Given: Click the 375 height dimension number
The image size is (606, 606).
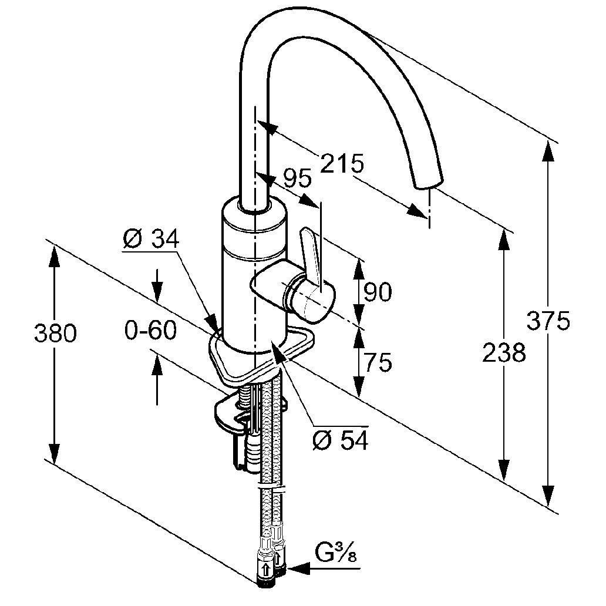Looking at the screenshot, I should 548,321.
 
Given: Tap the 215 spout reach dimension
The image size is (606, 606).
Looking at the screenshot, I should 342,164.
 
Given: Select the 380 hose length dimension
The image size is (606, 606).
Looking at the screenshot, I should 55,334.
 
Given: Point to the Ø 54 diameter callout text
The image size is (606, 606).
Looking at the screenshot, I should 341,440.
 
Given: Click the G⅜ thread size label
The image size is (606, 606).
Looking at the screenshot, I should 335,554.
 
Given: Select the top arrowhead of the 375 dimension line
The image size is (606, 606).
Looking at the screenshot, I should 548,151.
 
